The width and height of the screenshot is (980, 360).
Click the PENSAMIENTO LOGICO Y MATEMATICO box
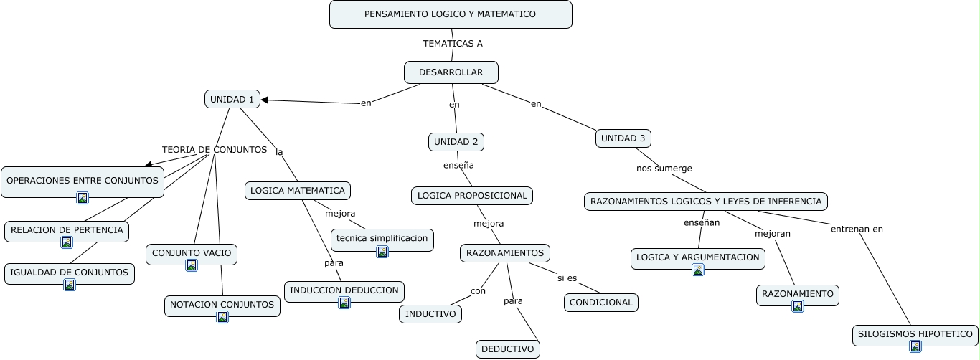tap(451, 14)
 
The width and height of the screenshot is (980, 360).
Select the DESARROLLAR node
tap(451, 72)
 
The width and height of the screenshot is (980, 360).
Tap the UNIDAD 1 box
tap(232, 100)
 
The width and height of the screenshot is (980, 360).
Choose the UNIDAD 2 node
tap(456, 142)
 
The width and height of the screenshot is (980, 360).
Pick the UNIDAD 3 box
tap(623, 138)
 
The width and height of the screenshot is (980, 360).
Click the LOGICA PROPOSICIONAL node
tap(472, 196)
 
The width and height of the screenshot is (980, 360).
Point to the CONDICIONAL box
tap(600, 303)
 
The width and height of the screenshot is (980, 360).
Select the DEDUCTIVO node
tap(507, 349)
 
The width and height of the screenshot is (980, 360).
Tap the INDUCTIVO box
tap(430, 314)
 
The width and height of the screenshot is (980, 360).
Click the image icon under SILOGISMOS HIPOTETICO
tap(915, 346)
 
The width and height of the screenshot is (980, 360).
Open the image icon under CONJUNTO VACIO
tap(192, 265)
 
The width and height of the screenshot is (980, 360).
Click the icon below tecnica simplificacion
tap(382, 251)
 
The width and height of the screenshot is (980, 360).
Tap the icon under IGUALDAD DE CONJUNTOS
tap(70, 285)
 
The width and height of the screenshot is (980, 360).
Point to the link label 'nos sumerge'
tap(664, 169)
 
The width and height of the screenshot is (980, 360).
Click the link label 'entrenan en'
tap(857, 229)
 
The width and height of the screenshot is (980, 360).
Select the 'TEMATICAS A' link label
tap(453, 43)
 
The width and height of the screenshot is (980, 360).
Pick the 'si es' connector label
tap(567, 278)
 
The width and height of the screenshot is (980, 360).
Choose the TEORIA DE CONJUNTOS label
tap(214, 150)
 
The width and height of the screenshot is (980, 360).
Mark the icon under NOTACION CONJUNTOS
tap(222, 317)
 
